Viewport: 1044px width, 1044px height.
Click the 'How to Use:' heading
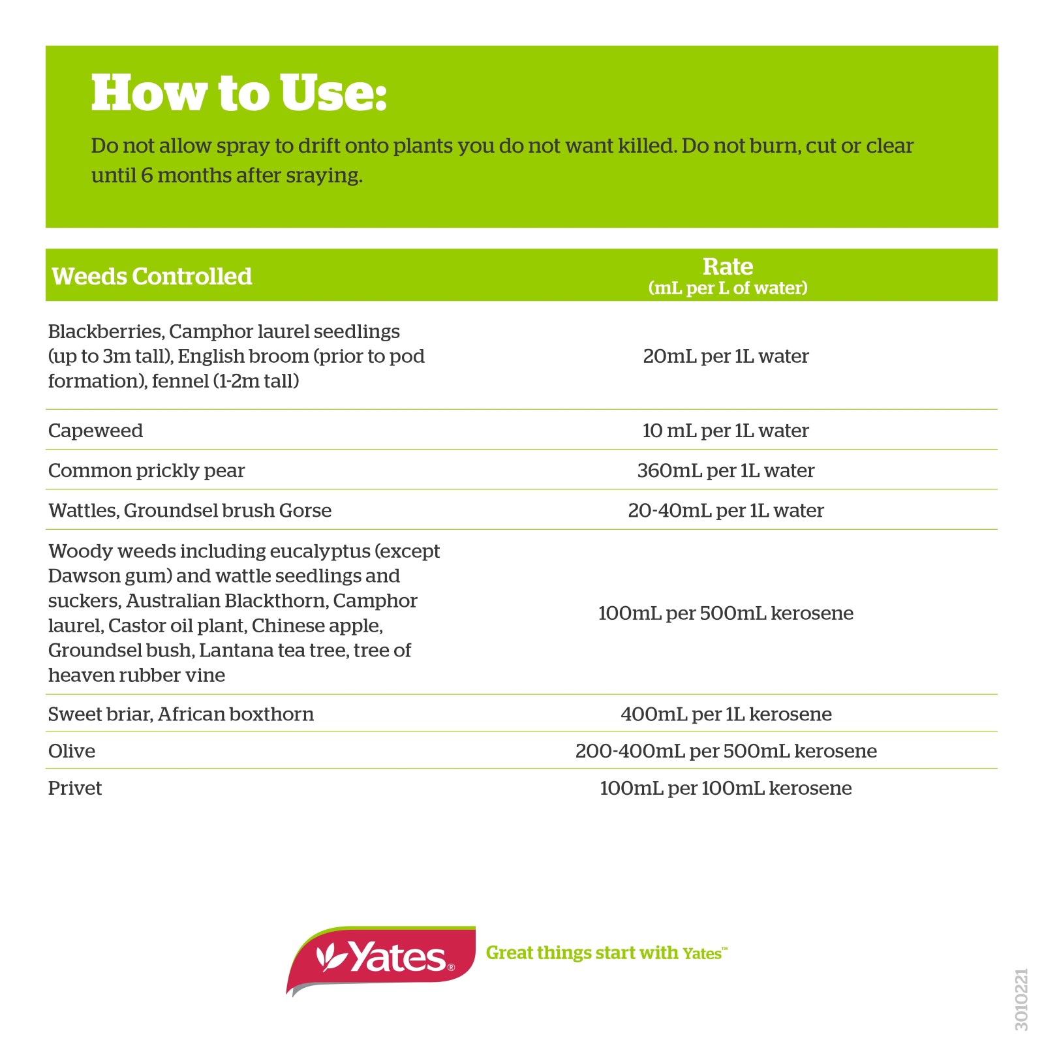[x=239, y=93]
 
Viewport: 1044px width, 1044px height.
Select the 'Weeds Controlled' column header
[x=151, y=277]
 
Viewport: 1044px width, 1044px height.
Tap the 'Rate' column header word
[x=728, y=266]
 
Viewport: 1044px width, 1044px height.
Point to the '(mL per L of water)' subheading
[x=728, y=288]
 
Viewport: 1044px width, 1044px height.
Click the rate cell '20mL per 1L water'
[x=726, y=356]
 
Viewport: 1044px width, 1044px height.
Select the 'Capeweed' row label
[x=95, y=431]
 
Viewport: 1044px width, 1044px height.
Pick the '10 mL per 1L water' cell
[x=726, y=431]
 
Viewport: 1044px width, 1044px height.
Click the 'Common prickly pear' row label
[x=146, y=470]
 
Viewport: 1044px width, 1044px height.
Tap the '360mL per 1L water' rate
[x=726, y=470]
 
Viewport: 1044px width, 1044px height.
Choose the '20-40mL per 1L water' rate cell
[x=726, y=510]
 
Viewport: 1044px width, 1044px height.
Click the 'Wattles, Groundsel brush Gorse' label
[x=189, y=510]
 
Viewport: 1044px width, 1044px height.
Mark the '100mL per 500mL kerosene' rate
[x=726, y=613]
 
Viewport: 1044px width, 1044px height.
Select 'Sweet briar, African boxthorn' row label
[x=181, y=714]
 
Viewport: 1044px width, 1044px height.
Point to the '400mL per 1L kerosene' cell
[x=726, y=714]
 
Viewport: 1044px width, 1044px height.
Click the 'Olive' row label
[x=72, y=751]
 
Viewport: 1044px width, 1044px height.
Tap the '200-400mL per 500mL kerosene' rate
[x=726, y=751]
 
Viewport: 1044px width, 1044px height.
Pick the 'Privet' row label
[x=75, y=788]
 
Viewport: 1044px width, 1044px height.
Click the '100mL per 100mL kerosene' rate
[x=726, y=788]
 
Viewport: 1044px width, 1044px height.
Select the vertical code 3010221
[x=1021, y=999]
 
